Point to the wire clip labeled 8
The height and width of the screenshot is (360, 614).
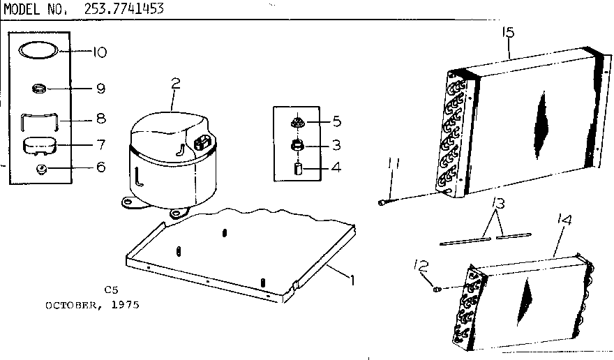40,119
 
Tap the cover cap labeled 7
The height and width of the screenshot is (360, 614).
40,146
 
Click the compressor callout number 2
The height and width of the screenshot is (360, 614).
176,86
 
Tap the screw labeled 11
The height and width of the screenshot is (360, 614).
383,202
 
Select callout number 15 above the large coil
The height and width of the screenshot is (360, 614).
507,33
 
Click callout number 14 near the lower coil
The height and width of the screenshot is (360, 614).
565,222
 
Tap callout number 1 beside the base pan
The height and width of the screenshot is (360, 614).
353,280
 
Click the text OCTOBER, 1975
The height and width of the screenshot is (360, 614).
92,305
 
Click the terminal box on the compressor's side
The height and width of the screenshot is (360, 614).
204,143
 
